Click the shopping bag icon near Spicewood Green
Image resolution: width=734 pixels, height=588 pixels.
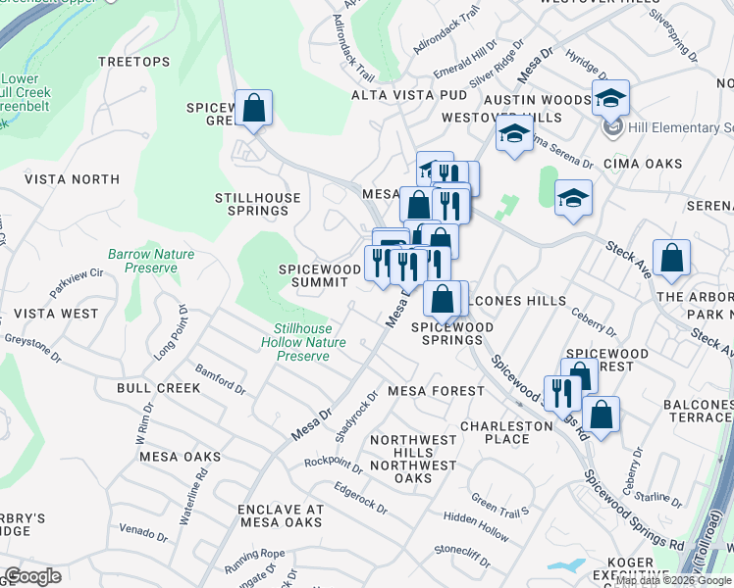[253, 110]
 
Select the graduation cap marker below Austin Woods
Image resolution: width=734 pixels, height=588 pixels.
[513, 136]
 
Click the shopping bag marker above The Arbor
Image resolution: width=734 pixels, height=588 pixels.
[671, 260]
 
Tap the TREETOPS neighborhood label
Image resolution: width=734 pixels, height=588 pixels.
[134, 62]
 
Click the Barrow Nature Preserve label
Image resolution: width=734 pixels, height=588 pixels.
[151, 261]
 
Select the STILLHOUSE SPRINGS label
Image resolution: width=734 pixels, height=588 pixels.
[258, 204]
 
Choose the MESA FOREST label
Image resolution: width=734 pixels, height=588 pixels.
[436, 391]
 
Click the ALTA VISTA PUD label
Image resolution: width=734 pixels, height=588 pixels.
[409, 95]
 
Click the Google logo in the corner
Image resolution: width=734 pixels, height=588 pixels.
[33, 576]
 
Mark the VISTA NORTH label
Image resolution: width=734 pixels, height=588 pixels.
[72, 179]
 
